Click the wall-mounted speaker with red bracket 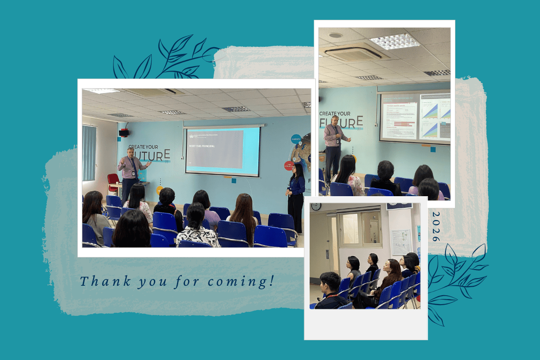124,132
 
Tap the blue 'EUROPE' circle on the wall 296,139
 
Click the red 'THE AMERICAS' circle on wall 289,166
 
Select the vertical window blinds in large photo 89,153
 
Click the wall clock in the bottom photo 316,207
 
